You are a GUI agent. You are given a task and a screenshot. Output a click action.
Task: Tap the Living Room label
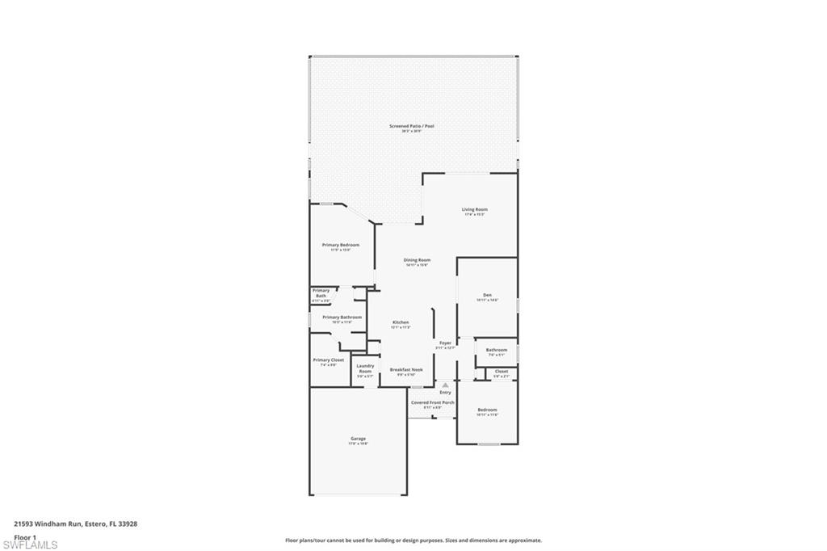[474, 210]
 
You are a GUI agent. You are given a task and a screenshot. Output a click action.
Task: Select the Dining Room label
[417, 260]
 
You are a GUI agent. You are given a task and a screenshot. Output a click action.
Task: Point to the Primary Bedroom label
[340, 245]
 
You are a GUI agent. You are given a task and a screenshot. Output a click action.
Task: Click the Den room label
[487, 295]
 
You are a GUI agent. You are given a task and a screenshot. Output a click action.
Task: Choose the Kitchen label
[401, 322]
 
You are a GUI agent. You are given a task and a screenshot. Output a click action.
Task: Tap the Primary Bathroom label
[342, 318]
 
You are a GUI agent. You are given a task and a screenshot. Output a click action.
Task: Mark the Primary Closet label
[328, 360]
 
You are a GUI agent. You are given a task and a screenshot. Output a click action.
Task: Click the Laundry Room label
[365, 369]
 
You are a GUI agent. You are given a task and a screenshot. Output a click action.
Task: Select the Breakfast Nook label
[406, 369]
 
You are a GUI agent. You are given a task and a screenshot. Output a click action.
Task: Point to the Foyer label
[445, 343]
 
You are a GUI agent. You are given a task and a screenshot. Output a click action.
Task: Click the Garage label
[358, 439]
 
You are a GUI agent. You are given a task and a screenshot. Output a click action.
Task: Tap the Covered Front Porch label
[432, 402]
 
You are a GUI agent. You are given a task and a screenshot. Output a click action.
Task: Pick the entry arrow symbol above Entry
[444, 385]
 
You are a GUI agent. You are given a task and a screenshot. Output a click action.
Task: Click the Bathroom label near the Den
[497, 350]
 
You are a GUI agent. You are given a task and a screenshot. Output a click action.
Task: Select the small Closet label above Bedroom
[502, 372]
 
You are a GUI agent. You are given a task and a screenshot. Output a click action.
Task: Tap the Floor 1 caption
[26, 536]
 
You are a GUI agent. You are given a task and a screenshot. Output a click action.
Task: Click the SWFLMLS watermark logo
[31, 545]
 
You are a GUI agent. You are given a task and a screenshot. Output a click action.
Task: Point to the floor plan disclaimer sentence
[413, 540]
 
